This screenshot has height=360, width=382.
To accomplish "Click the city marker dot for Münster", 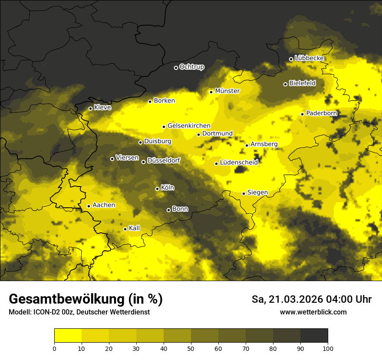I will tap(211, 92).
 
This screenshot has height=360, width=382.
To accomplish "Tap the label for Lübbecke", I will tap(310, 58).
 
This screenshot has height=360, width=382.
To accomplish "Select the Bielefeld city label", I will tap(302, 83).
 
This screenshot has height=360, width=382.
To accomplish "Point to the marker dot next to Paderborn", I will tap(303, 114).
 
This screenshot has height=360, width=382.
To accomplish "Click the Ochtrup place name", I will tap(191, 67).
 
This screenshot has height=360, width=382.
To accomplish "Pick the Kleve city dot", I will tap(90, 108).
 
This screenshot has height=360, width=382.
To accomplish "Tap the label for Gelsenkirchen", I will tap(189, 126).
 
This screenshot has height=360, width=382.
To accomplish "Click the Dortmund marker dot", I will tap(198, 134).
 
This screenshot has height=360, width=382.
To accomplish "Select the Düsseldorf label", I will tap(164, 160).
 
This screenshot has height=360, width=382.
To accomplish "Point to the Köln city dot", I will tap(157, 189).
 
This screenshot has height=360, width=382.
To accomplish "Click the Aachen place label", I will tap(104, 205).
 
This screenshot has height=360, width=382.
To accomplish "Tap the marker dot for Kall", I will tap(125, 229).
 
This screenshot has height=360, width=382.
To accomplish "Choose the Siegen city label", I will tap(257, 193).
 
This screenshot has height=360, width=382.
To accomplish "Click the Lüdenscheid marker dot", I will tap(216, 164).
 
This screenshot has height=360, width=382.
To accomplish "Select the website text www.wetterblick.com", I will tap(313, 312).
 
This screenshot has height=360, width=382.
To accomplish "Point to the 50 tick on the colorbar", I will tap(191, 348).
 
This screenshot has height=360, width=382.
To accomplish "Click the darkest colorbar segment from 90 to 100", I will tap(314, 335).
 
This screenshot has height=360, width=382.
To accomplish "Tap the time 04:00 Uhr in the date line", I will tap(348, 299).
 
